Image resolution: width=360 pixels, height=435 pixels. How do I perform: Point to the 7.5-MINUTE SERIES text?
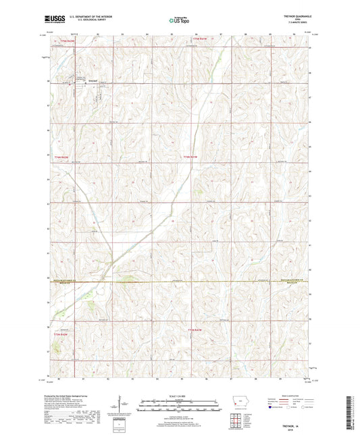295,25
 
